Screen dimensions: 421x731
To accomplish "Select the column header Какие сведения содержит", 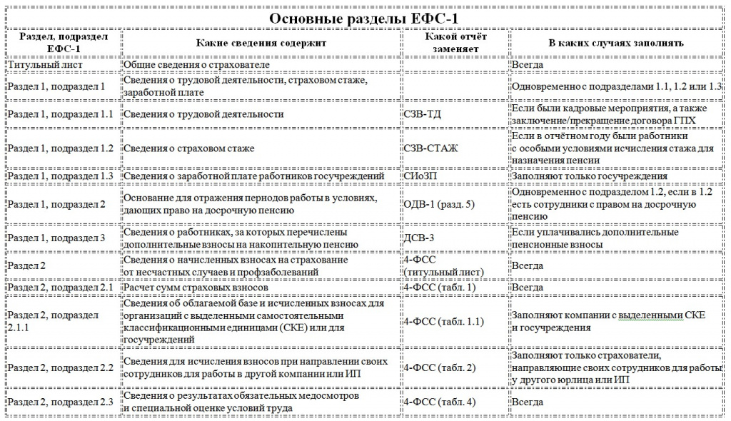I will click(261, 43).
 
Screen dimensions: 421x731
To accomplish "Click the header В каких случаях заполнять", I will click(616, 43).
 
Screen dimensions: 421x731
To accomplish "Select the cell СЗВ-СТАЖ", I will click(430, 148).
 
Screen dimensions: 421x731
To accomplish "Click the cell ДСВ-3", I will click(422, 238).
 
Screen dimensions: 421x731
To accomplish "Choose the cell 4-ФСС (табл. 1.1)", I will click(443, 322).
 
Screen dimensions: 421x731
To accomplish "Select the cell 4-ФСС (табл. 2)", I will click(439, 368).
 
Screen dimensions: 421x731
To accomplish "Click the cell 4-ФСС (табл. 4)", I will click(439, 402).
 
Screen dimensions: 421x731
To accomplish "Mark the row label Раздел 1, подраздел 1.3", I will click(61, 176).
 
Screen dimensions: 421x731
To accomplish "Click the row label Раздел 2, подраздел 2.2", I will click(61, 368).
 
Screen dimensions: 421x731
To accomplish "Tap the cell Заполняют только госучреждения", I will click(590, 176).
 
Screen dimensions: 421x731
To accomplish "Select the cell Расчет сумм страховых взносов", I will click(196, 288).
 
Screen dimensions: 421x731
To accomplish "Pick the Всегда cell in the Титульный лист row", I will click(528, 65).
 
